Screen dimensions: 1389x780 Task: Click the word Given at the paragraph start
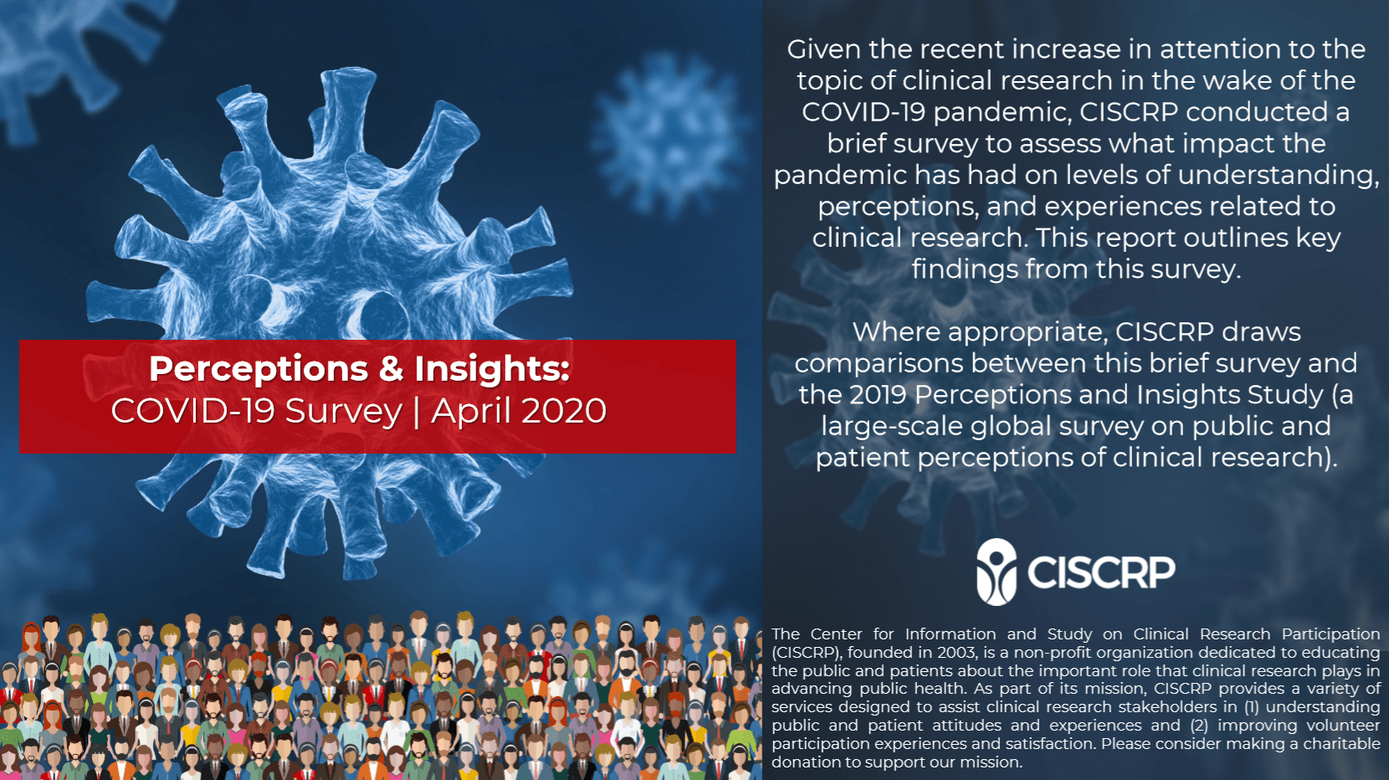(824, 49)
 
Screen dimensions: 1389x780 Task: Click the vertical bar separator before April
(417, 412)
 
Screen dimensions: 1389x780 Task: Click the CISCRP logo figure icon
(997, 572)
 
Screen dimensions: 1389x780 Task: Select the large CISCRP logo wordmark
(1101, 572)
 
